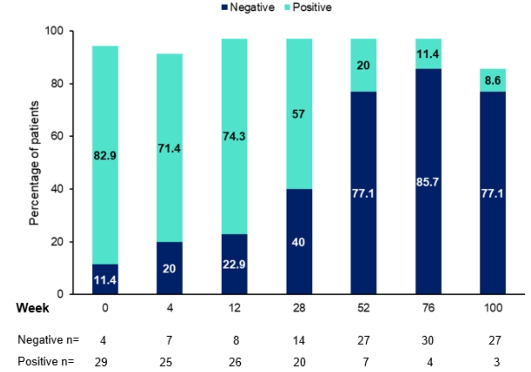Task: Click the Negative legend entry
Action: point(251,7)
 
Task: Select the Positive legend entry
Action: point(312,7)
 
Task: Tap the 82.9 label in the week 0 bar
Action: point(106,156)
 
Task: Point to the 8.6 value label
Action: point(493,81)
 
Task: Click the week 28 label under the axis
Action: point(300,308)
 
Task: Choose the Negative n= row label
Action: point(48,340)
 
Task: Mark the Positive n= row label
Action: point(46,361)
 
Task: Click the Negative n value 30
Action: point(429,340)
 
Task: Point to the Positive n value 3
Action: point(493,361)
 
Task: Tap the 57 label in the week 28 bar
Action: point(300,114)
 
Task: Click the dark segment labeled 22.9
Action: point(235,264)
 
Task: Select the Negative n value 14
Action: point(300,340)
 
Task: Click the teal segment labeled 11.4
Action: point(429,54)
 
